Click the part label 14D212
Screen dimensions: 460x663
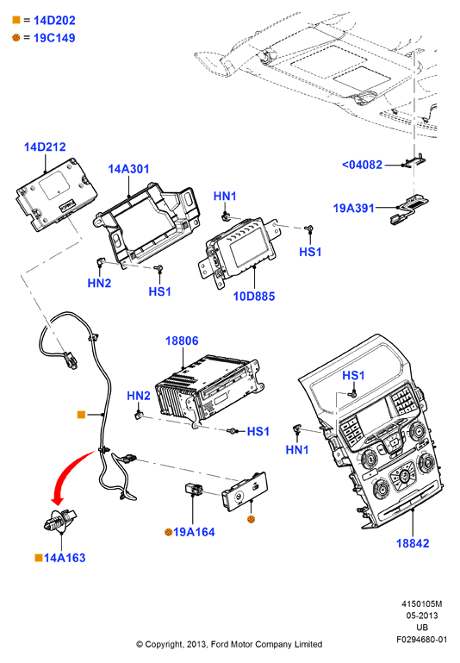(x=45, y=147)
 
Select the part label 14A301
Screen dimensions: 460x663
(x=128, y=169)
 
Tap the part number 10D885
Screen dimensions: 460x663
(x=254, y=297)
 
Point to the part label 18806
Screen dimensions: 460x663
(x=182, y=341)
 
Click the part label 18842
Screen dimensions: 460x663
(x=413, y=543)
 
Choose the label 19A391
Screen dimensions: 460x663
(x=354, y=208)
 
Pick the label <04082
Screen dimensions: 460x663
(x=362, y=165)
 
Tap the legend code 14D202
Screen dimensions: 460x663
(x=54, y=21)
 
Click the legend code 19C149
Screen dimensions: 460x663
(x=54, y=38)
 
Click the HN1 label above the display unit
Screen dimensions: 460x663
(x=225, y=197)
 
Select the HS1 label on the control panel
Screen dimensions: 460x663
(x=353, y=376)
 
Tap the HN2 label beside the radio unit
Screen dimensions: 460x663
(x=139, y=396)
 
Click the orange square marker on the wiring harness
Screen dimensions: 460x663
(x=82, y=415)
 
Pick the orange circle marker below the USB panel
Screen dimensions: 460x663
(x=251, y=519)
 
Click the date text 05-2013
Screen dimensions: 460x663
(x=422, y=616)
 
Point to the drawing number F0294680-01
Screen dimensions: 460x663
(x=421, y=640)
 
